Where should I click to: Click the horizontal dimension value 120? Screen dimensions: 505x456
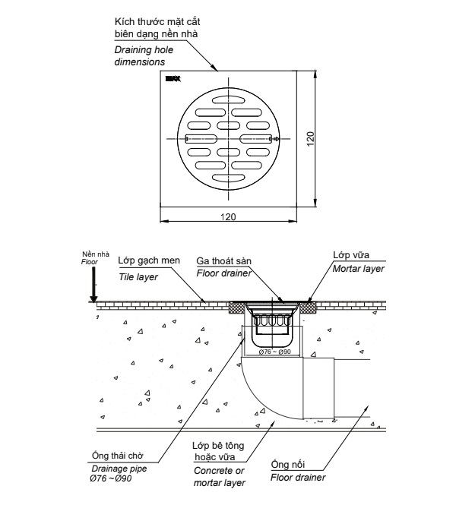tap(227, 216)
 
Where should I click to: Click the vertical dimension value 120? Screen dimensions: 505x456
tap(310, 138)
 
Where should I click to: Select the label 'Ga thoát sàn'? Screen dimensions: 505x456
tap(223, 260)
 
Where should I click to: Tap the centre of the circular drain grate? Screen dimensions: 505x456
tap(227, 138)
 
